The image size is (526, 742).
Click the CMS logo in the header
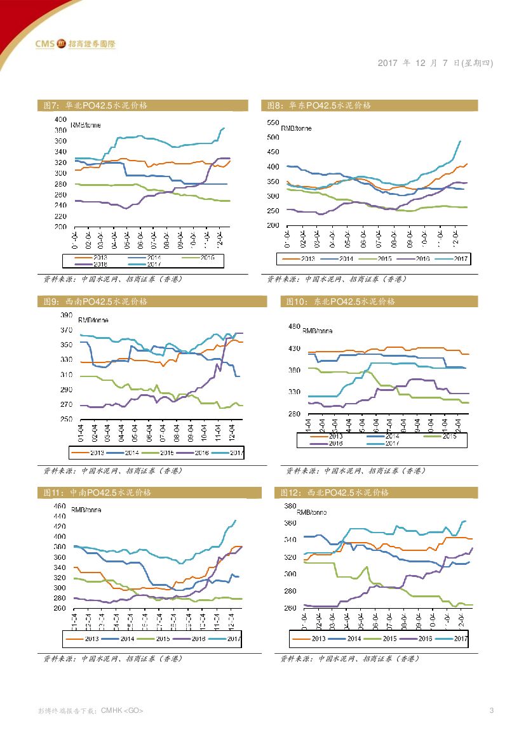click(75, 44)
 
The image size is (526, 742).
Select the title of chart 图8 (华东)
click(319, 105)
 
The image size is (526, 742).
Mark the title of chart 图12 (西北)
click(335, 493)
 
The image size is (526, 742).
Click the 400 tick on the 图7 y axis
click(60, 119)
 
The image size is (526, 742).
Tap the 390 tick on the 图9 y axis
click(66, 315)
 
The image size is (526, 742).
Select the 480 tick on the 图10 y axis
click(294, 326)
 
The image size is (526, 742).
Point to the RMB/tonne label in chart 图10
click(317, 331)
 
